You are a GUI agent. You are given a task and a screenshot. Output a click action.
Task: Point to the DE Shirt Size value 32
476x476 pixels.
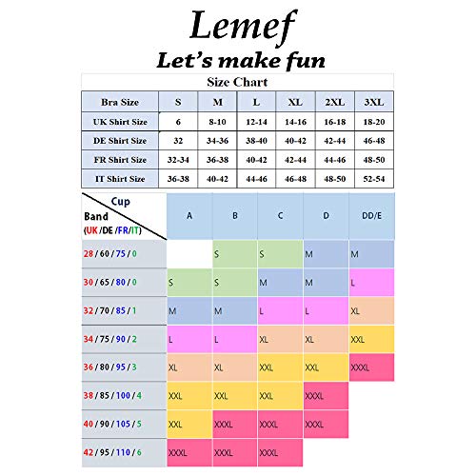pos(177,140)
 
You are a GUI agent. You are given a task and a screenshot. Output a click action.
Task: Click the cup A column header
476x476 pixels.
pos(188,215)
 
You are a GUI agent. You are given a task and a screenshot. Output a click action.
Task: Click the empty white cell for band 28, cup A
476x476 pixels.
pos(188,254)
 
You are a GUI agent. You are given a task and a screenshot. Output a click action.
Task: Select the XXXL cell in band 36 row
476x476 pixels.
pos(371,367)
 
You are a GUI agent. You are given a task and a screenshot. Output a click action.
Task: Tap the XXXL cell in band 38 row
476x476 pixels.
pos(326,395)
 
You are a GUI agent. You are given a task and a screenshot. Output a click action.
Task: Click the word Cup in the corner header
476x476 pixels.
pos(120,202)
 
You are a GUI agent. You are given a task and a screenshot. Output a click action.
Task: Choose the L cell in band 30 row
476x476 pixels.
pos(371,283)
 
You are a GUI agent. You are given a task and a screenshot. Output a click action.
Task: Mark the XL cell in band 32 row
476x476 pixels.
pos(371,310)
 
